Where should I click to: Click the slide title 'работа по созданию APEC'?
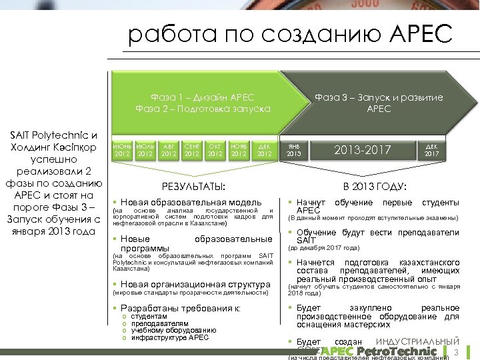tap(290, 33)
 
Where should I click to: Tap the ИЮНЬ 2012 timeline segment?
tap(122, 149)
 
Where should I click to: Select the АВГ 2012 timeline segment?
tap(169, 149)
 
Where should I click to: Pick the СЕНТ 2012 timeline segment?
tap(192, 149)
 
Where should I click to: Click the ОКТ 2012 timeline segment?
tap(215, 149)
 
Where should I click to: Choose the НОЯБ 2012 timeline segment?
tap(238, 149)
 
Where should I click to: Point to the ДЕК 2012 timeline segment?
tap(264, 149)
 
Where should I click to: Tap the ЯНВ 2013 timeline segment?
tap(294, 149)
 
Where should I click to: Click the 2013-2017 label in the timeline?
tap(363, 149)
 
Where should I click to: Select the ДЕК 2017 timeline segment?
tap(431, 149)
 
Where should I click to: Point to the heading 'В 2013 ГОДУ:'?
tap(375, 186)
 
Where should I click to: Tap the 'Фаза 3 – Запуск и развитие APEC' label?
tap(379, 103)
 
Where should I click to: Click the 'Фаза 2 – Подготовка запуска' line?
tap(203, 109)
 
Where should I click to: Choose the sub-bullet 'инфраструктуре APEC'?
tap(169, 337)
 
